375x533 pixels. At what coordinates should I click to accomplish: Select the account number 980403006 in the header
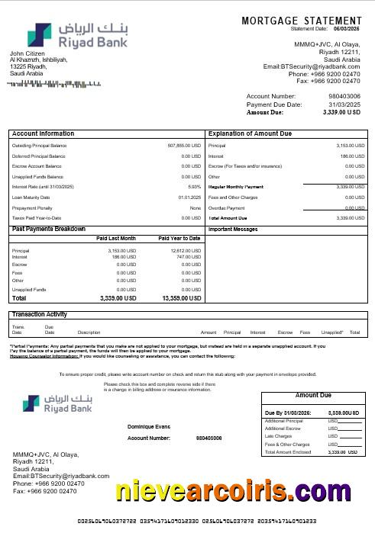tap(342, 96)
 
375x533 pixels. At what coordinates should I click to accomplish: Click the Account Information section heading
tap(44, 133)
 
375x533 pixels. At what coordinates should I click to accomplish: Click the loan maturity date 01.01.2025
tap(189, 197)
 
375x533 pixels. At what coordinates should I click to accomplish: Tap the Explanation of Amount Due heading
tap(251, 133)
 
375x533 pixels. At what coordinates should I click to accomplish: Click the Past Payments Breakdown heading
tap(49, 229)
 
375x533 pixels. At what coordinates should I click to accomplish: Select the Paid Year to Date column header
tap(179, 239)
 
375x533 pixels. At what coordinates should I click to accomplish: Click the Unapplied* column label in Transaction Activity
tap(332, 332)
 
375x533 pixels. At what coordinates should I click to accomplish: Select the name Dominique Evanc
tap(150, 427)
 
